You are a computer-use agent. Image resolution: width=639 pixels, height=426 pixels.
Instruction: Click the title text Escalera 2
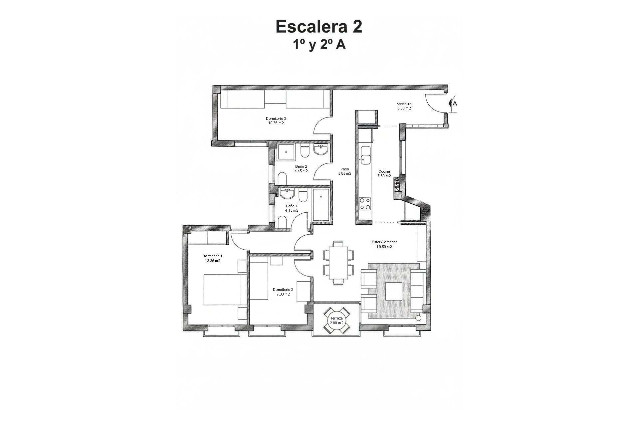point(319,27)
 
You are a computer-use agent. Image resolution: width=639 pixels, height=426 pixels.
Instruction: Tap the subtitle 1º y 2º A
point(319,45)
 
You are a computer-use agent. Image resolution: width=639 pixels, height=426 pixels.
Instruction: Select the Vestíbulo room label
point(404,104)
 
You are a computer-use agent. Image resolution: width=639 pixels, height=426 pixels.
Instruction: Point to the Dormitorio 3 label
point(276,118)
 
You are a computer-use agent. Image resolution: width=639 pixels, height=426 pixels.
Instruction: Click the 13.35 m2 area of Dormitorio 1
point(212,261)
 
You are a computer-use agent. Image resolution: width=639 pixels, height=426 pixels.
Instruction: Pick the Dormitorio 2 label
point(283,290)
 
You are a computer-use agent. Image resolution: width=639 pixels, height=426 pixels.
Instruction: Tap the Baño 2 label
point(301,166)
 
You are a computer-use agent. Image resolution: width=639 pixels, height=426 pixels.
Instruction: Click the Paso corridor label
point(344,169)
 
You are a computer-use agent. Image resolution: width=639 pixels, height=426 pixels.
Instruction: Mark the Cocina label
point(384,172)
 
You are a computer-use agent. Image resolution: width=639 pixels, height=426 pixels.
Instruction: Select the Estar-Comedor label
point(384,242)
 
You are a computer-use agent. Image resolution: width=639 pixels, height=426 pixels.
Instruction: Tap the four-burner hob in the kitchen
point(364,203)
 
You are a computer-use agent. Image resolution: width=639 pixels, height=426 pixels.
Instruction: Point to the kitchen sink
point(365,155)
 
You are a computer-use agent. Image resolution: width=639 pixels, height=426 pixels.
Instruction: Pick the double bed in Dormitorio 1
point(224,289)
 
